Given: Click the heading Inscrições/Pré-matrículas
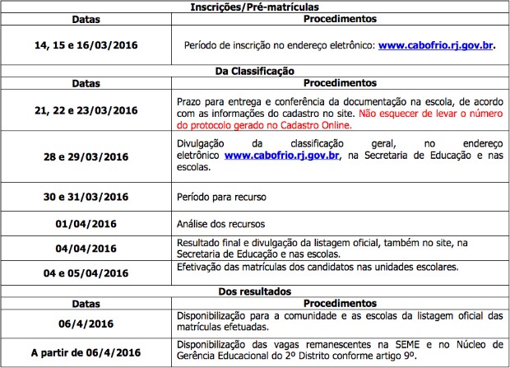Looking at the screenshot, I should pos(254,7).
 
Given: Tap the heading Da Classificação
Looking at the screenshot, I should pos(254,72).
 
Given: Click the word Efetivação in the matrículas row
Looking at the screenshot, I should pos(202,268).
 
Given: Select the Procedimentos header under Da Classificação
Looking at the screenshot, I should pos(340,83).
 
